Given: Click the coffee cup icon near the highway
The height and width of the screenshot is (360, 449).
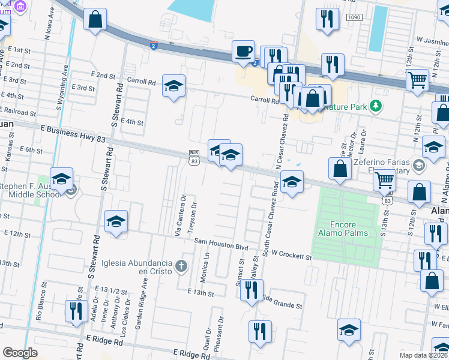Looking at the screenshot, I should pos(244,52).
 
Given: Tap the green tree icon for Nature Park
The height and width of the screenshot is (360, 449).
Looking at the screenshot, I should pos(376,106).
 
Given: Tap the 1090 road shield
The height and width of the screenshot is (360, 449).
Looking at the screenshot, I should pos(353,18).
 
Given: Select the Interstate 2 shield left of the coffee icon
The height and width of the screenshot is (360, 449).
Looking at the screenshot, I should pos(154,45).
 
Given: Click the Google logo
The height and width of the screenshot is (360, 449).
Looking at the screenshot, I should pos(20,352).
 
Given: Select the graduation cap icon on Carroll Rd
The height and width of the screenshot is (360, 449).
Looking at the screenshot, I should pos(173,86).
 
